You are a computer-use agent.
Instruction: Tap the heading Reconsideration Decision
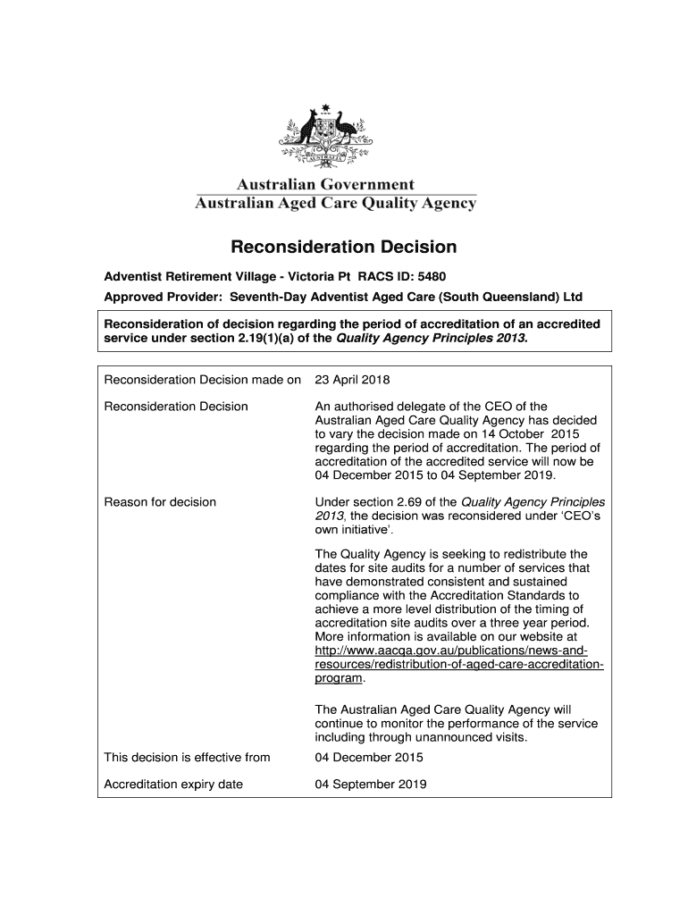point(344,246)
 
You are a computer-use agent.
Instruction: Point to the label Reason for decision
point(160,501)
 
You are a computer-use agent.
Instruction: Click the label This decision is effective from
point(187,758)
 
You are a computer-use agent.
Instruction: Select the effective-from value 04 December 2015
point(369,758)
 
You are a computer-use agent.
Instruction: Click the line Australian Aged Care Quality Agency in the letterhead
point(336,204)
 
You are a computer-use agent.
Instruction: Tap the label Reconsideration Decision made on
point(203,380)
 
